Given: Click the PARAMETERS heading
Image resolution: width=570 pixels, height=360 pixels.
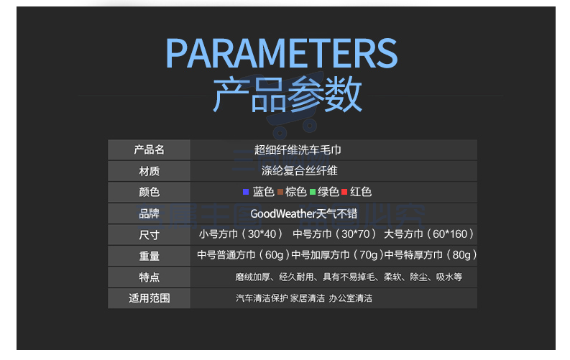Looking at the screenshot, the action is point(281,54).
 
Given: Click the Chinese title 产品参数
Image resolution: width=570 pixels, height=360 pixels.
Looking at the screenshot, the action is point(288,94).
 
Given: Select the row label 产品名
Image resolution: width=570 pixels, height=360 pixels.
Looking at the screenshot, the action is point(149,149).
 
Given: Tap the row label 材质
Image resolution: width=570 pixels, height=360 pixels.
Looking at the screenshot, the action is point(149,171).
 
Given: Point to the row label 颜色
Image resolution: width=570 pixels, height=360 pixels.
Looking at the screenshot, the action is point(149,192).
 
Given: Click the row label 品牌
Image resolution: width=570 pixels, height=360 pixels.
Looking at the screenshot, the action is point(149,213).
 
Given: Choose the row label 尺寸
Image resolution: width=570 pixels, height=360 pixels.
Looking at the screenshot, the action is point(149,235).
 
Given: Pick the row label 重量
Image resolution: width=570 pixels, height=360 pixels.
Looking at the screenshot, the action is point(149,256).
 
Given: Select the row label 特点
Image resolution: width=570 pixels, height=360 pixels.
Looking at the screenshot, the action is point(149,277).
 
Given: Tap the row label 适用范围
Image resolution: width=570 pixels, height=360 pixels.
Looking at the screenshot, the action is point(149,298).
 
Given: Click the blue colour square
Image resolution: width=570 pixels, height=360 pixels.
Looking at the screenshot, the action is point(246,192).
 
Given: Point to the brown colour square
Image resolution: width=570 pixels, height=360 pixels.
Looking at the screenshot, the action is point(280,192).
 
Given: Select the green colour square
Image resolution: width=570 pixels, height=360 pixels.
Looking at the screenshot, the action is point(313,192).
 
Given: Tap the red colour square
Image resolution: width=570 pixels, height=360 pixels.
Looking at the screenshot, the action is point(344,192).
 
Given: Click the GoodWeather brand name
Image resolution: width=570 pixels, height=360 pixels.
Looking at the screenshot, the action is point(281,213).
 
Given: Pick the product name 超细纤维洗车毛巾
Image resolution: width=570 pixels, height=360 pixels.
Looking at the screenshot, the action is point(298,149).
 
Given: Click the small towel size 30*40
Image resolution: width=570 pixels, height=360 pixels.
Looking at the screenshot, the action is point(262,234).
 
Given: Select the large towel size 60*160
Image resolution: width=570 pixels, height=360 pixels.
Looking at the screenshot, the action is point(450,234).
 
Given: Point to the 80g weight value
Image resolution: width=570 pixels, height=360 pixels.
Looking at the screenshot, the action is point(461,255).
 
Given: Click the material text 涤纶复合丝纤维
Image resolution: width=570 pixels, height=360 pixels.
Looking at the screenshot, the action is point(300,171).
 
